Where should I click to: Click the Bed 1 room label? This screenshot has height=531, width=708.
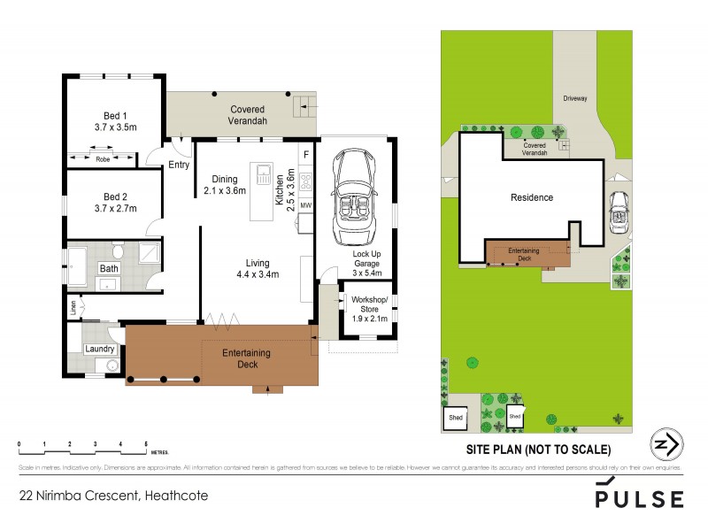[x=112, y=115]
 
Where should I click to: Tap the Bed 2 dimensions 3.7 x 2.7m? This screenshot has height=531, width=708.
[x=112, y=209]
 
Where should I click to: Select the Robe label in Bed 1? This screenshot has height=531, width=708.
[x=102, y=159]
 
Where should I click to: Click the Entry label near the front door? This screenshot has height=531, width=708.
[x=178, y=165]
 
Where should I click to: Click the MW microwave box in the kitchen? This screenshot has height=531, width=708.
[x=306, y=206]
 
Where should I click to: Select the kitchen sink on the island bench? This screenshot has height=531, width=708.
[x=263, y=174]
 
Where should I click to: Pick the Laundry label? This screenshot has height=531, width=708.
[x=99, y=349]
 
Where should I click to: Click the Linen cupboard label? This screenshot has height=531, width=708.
[x=74, y=309]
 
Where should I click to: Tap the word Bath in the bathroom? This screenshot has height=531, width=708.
[x=109, y=268]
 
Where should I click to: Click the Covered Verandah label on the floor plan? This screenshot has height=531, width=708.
[x=232, y=115]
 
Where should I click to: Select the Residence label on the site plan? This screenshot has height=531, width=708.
[x=533, y=197]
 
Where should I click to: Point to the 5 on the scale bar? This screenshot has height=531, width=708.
[x=146, y=442]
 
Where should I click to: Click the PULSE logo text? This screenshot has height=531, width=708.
[x=639, y=499]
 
